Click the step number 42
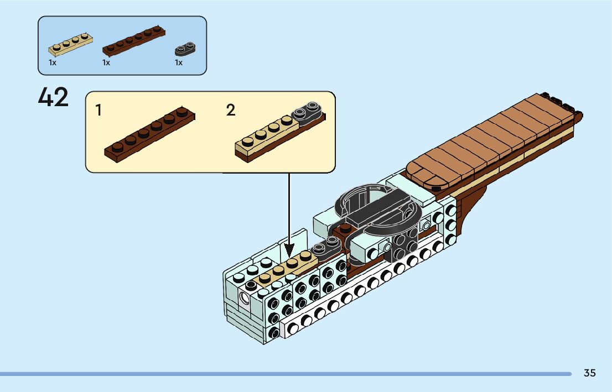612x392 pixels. (x=54, y=98)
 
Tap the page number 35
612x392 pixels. (x=589, y=373)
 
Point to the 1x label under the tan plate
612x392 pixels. (x=53, y=63)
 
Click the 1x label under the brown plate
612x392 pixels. (x=106, y=63)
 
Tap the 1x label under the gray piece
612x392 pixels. (x=179, y=63)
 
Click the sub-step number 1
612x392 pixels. (x=98, y=110)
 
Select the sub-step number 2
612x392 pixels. (x=231, y=110)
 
